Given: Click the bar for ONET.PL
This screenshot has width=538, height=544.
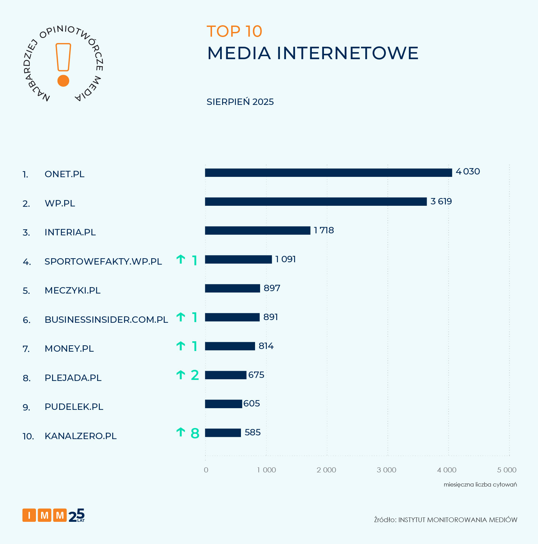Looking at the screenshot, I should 328,172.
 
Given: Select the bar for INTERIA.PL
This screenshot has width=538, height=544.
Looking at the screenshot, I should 257,230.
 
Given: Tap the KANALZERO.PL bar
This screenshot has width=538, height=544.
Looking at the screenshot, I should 223,433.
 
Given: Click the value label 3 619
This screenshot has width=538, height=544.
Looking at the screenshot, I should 441,201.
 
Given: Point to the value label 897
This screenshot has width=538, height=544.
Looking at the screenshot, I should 272,288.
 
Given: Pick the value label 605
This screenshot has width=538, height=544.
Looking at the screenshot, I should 252,403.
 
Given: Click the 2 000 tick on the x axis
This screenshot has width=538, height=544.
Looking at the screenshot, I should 326,470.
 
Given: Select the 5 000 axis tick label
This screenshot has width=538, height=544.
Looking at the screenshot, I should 507,470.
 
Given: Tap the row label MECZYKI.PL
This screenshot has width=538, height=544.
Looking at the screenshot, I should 73,290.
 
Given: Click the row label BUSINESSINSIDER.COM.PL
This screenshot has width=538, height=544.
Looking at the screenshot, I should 106,320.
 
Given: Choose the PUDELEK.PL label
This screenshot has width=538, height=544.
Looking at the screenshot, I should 74,407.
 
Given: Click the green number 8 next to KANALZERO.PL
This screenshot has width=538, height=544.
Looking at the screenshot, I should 195,433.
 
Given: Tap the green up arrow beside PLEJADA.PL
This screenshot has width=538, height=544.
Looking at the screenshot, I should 181,375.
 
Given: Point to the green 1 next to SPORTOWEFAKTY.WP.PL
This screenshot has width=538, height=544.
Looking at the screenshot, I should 195,261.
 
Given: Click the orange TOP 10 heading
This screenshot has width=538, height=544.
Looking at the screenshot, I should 234,32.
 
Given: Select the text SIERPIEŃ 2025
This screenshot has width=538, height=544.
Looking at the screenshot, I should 240,102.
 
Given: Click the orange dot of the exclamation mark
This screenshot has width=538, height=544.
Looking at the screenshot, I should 63,81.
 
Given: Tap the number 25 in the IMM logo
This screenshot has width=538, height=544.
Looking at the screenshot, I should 77,515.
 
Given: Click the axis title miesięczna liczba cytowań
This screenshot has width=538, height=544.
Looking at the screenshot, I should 480,484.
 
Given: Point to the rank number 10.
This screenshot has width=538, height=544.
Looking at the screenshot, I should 28,436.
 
